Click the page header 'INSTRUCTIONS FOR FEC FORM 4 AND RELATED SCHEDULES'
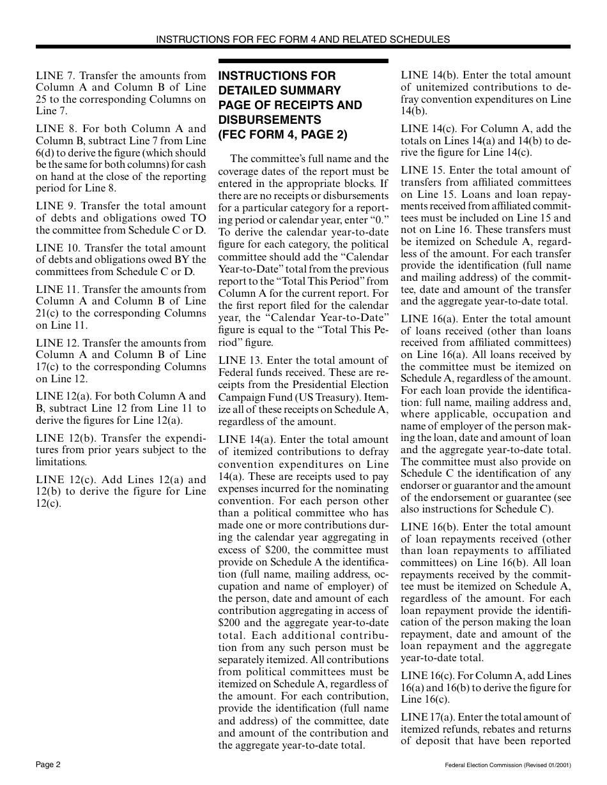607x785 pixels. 303,39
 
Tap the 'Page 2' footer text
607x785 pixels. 48,765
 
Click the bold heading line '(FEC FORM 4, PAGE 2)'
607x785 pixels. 283,135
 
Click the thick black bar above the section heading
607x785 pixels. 303,61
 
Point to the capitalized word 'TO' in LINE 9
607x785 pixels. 198,218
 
